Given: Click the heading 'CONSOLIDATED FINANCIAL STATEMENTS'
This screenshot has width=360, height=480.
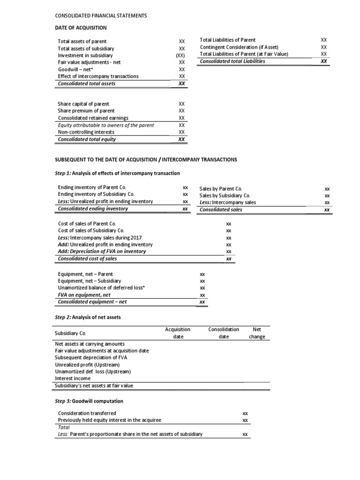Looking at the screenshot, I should coord(101,15).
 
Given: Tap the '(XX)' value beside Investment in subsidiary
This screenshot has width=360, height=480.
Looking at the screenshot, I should coord(182,55).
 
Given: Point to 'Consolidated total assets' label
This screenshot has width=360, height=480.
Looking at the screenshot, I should coord(86,83).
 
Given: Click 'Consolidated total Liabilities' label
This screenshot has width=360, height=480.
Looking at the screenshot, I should coord(232,61).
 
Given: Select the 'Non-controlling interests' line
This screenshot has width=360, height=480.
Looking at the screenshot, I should coord(86,132).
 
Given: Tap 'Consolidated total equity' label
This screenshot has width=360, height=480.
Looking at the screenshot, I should coord(87,139).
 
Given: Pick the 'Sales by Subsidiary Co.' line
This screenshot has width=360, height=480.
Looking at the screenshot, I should coord(225,195).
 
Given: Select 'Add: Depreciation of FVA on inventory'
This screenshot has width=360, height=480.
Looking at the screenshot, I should coord(102,251).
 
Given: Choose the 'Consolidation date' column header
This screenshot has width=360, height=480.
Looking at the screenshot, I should coord(224,333).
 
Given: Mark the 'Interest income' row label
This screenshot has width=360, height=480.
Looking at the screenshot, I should coord(73,378).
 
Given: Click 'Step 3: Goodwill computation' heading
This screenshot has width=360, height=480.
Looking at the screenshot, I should coord(89,402).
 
